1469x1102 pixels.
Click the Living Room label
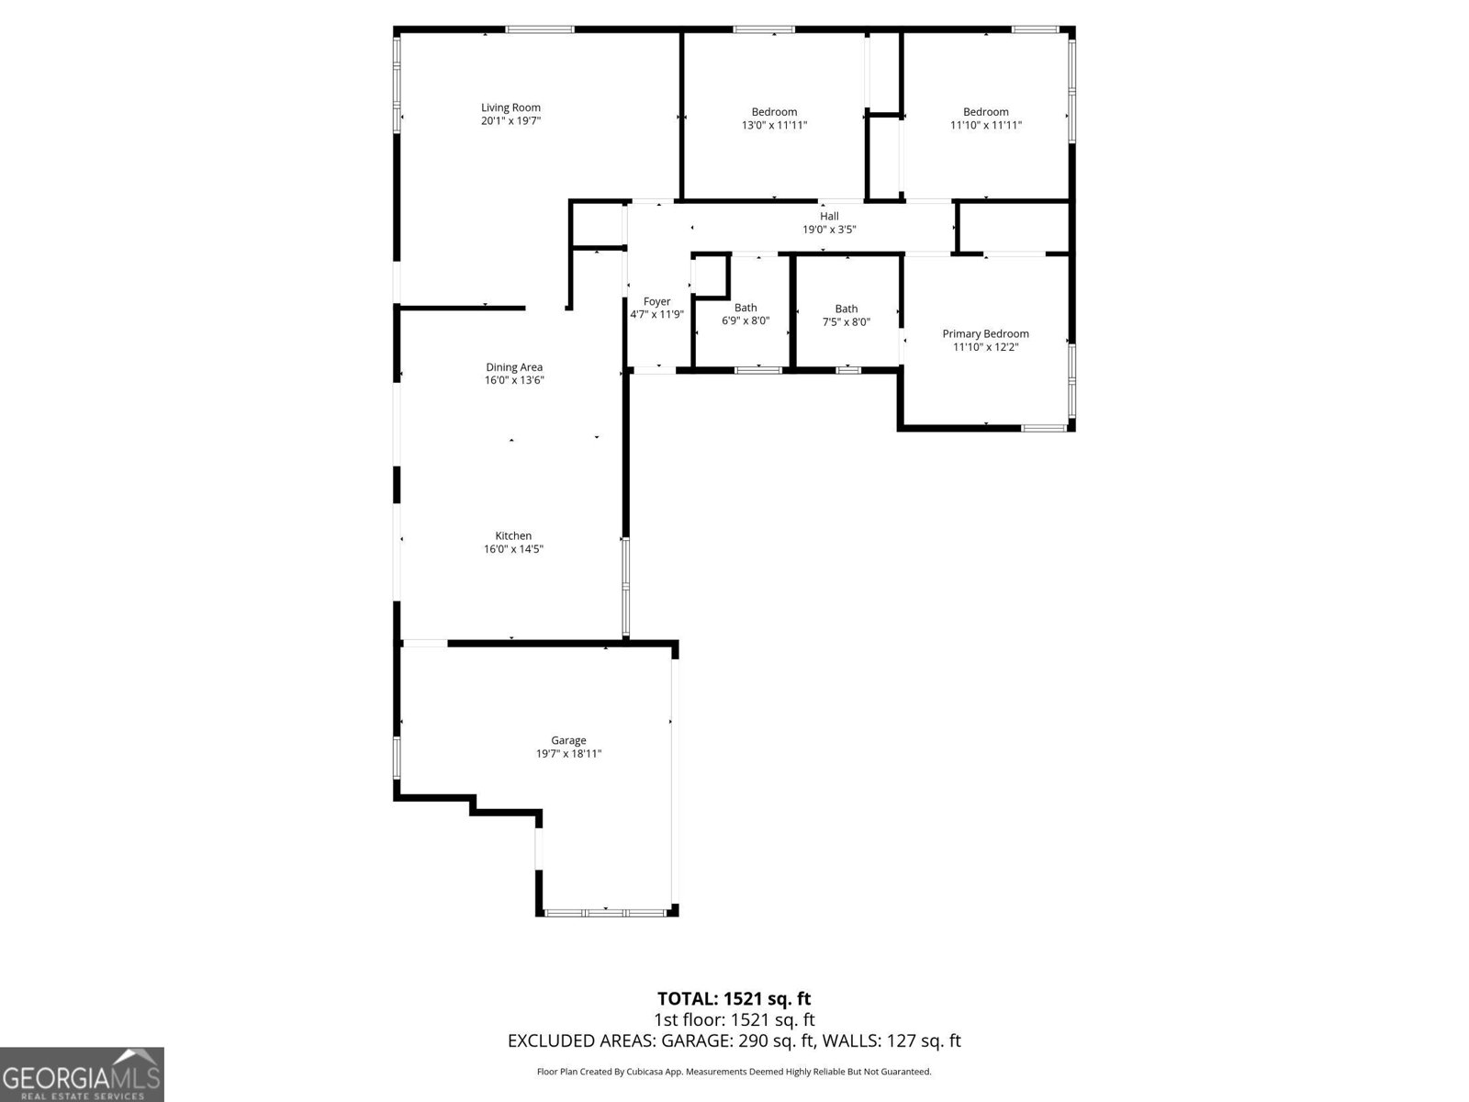coord(510,107)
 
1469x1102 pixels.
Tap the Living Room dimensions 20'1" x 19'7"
coord(510,121)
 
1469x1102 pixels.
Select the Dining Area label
coord(514,367)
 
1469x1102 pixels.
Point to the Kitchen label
coord(513,536)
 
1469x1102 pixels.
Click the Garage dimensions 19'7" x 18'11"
coord(569,754)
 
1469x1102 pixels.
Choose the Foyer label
coord(656,302)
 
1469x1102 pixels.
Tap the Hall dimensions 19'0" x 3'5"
coord(829,230)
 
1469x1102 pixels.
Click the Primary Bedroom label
coord(986,334)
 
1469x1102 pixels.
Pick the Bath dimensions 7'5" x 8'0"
coord(846,321)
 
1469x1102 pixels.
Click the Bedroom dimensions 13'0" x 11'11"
coord(774,125)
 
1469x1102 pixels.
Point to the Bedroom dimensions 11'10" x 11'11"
coord(986,125)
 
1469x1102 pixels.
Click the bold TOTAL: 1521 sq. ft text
coord(734,999)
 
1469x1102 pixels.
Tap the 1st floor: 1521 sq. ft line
coord(734,1019)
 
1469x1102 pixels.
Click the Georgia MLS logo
coord(82,1074)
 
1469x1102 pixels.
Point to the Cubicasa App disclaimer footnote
coord(734,1072)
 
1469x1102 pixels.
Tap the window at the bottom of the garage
coord(606,913)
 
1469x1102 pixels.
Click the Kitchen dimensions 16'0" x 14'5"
coord(513,549)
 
